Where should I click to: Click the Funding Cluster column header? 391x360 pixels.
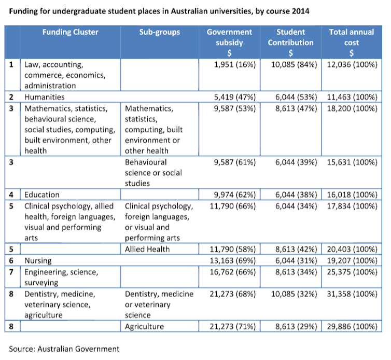pos(71,32)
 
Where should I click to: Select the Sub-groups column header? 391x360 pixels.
pos(160,32)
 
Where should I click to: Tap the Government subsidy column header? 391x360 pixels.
pos(229,43)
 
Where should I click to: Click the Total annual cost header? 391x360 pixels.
pos(352,43)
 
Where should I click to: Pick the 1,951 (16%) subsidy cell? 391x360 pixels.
pos(235,65)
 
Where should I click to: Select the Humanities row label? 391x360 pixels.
pos(45,97)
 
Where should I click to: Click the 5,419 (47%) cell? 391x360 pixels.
pos(235,97)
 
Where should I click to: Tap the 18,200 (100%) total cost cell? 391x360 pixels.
pos(352,108)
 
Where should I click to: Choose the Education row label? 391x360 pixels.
pos(42,195)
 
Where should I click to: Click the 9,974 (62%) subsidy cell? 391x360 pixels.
pos(235,195)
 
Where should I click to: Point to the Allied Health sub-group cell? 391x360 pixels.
pos(147,249)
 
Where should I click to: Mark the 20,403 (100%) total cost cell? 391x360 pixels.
pos(352,249)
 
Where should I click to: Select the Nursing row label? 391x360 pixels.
pos(38,261)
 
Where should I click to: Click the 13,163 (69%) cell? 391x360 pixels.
pos(233,260)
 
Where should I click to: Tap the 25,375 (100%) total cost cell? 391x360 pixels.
pos(352,272)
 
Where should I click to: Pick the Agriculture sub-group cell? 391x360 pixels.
pos(144,327)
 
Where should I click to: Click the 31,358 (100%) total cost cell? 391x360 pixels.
pos(352,294)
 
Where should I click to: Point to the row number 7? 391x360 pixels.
pos(11,272)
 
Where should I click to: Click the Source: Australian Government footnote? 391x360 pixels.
pos(64,349)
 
